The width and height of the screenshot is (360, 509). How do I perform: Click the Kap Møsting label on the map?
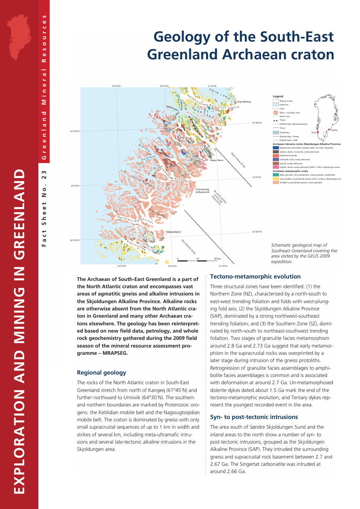(244, 102)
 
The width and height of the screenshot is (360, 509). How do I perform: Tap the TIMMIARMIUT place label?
(174, 232)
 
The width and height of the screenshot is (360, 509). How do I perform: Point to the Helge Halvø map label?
(217, 161)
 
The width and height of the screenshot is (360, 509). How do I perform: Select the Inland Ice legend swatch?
(276, 105)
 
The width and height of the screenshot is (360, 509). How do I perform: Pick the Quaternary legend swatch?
(276, 132)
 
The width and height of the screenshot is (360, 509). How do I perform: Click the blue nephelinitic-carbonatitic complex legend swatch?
(276, 148)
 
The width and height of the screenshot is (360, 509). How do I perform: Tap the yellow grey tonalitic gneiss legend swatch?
(276, 179)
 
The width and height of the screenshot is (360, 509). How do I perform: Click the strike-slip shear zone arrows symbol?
(276, 113)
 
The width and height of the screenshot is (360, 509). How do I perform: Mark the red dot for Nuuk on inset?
(318, 132)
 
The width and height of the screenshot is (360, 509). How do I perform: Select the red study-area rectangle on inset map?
(325, 134)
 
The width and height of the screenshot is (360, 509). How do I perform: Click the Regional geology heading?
(101, 373)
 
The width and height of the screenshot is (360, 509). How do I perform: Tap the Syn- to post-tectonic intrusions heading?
(254, 417)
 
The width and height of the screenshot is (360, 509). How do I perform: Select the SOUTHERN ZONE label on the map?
(188, 245)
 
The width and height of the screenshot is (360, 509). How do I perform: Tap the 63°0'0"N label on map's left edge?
(75, 186)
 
